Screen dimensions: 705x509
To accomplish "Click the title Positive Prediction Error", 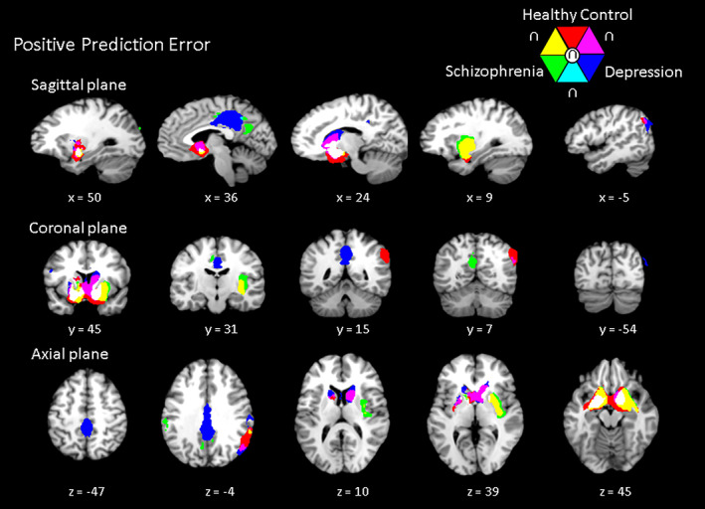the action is pos(110,45).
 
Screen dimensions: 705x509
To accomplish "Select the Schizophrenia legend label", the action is pos(494,72).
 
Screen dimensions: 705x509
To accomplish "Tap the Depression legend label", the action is pos(643,72).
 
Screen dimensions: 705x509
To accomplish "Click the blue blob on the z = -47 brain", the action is pos(86,427).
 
